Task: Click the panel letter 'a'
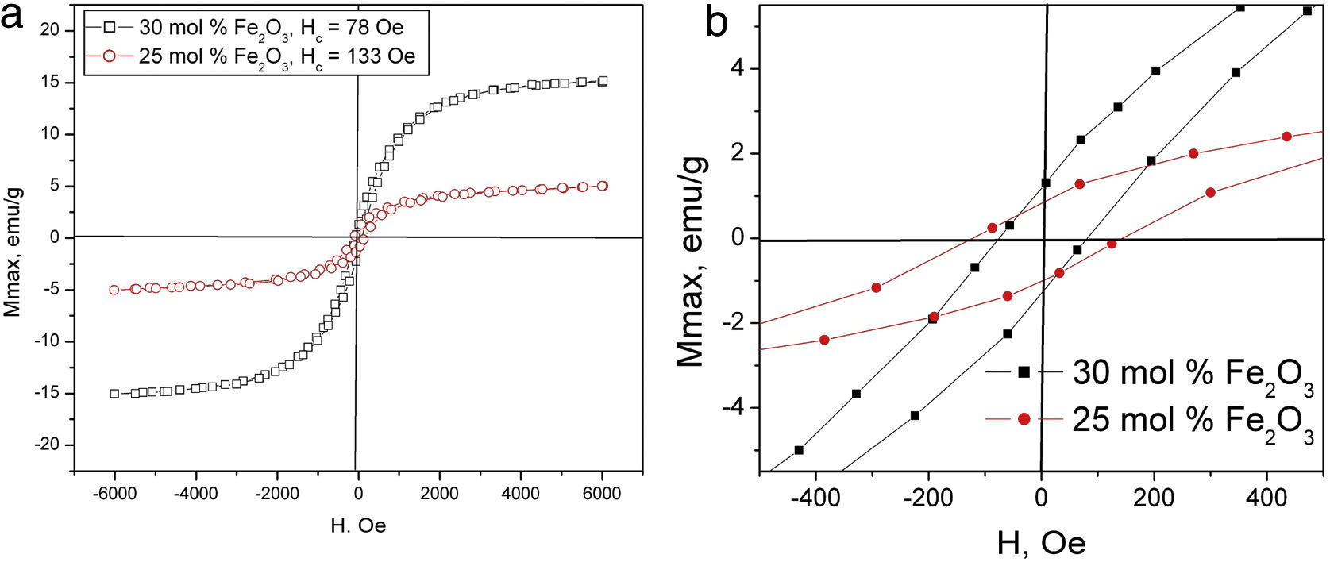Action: (x=13, y=16)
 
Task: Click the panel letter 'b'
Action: (x=716, y=22)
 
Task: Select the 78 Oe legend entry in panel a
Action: (x=271, y=27)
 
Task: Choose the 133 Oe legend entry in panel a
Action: (x=276, y=56)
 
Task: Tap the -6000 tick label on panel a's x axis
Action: (x=114, y=494)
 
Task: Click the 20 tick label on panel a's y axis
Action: (x=50, y=30)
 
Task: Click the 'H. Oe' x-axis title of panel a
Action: (x=358, y=525)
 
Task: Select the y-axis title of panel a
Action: (x=13, y=251)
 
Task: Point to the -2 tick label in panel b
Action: (x=734, y=323)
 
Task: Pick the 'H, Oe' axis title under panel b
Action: (x=1041, y=544)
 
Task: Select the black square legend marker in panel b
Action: (x=1024, y=371)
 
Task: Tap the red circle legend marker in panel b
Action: (x=1024, y=418)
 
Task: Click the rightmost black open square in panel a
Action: (x=603, y=81)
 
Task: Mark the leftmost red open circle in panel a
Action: (x=114, y=290)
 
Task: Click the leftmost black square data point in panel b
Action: (x=799, y=450)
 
